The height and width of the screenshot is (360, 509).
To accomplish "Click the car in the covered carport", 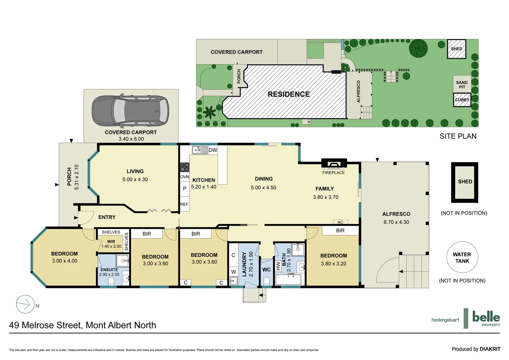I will pyautogui.click(x=130, y=111).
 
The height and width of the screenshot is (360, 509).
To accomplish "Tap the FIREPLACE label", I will pyautogui.click(x=333, y=173).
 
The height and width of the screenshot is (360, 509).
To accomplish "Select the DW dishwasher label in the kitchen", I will pyautogui.click(x=213, y=150).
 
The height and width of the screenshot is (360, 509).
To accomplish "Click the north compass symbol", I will pyautogui.click(x=26, y=304).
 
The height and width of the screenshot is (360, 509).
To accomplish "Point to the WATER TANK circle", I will pyautogui.click(x=462, y=258).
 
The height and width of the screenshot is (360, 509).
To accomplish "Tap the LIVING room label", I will pyautogui.click(x=135, y=171).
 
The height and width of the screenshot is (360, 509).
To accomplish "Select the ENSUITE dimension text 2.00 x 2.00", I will pyautogui.click(x=109, y=275).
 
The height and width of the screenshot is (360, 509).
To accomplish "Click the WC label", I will pyautogui.click(x=266, y=270).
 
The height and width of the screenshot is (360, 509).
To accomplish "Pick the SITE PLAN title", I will pyautogui.click(x=458, y=136).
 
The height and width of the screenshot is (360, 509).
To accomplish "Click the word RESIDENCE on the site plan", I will pyautogui.click(x=288, y=94).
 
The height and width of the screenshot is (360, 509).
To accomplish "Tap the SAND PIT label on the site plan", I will pyautogui.click(x=462, y=85).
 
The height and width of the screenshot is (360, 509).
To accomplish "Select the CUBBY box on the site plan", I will pyautogui.click(x=462, y=100).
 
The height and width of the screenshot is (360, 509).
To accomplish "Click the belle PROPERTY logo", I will pyautogui.click(x=486, y=318).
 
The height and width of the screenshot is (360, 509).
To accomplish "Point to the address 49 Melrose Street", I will pyautogui.click(x=83, y=325).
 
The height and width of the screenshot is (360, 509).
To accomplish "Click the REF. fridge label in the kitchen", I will pyautogui.click(x=184, y=204).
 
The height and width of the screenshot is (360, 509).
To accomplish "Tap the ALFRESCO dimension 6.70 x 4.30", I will pyautogui.click(x=396, y=222).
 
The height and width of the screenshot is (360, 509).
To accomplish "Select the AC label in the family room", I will pyautogui.click(x=340, y=222).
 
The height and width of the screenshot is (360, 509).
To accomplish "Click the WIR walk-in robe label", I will pyautogui.click(x=111, y=242).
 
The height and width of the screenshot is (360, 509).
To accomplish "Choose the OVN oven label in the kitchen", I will pyautogui.click(x=185, y=177).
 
